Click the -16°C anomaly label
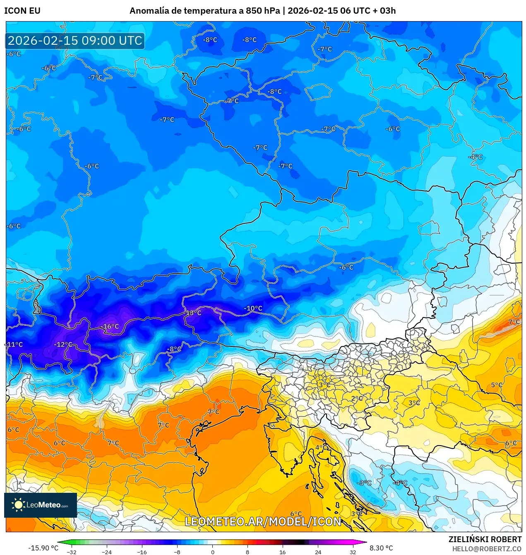pyautogui.click(x=110, y=327)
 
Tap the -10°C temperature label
pyautogui.click(x=253, y=308)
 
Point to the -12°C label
pyautogui.click(x=63, y=344)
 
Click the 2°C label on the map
pyautogui.click(x=357, y=398)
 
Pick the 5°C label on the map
pyautogui.click(x=497, y=385)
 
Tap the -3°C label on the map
pyautogui.click(x=364, y=483)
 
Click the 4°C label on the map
pyautogui.click(x=320, y=448)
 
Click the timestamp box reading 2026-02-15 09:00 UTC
pyautogui.click(x=75, y=41)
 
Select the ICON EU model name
pyautogui.click(x=22, y=11)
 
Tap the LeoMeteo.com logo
pyautogui.click(x=41, y=505)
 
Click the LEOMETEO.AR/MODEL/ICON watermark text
pyautogui.click(x=263, y=521)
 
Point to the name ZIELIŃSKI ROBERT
pyautogui.click(x=485, y=539)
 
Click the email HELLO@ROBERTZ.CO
pyautogui.click(x=487, y=548)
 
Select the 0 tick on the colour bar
pyautogui.click(x=212, y=552)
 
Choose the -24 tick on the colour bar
pyautogui.click(x=107, y=552)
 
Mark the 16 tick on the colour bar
pyautogui.click(x=282, y=552)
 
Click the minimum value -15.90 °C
pyautogui.click(x=43, y=548)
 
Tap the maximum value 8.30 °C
pyautogui.click(x=381, y=548)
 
